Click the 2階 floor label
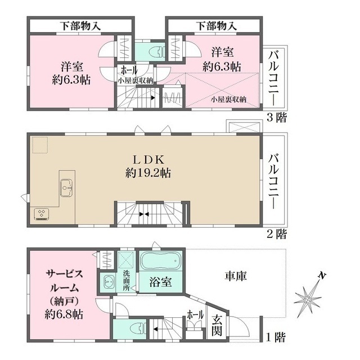click(276, 232)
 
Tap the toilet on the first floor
click(135, 328)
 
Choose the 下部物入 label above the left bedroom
click(80, 25)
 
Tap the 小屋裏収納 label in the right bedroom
click(228, 99)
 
